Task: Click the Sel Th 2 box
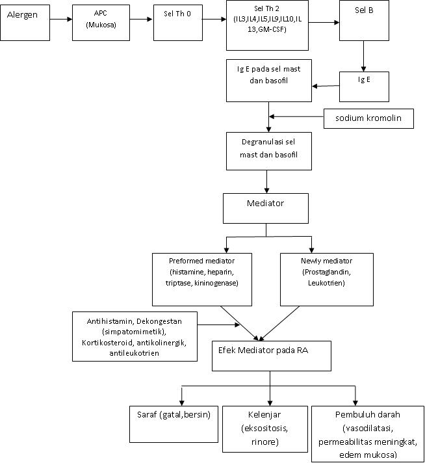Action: [266, 25]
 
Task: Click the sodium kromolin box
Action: [368, 118]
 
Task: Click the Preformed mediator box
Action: [202, 278]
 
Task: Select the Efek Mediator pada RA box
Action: [272, 354]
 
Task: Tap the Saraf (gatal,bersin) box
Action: [172, 423]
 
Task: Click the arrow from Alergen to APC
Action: [60, 19]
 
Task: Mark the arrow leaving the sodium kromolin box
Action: [296, 117]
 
